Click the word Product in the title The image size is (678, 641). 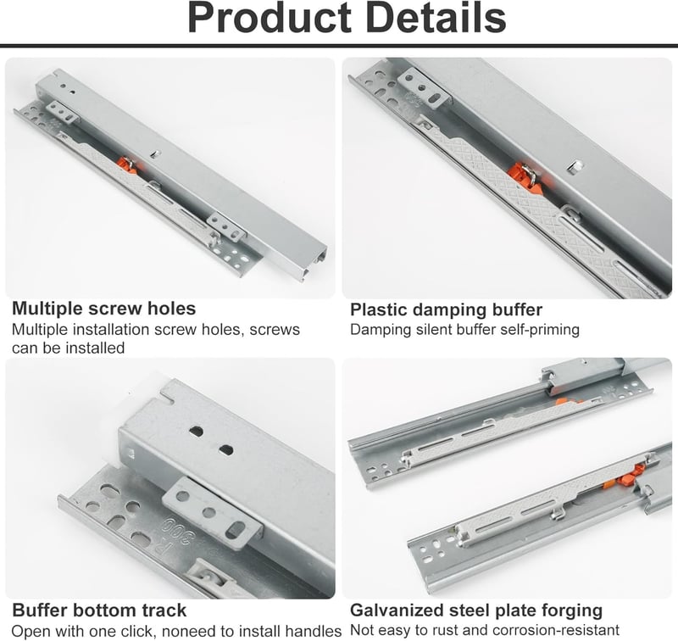[x=270, y=18]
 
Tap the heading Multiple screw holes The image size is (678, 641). [x=103, y=309]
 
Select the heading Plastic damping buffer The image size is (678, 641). [x=447, y=310]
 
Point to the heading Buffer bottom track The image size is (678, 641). [x=99, y=610]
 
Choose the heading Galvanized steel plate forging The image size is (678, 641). [x=476, y=610]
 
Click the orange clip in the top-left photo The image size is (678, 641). [x=127, y=165]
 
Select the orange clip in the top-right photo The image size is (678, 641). [x=525, y=176]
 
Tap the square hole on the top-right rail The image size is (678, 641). [x=575, y=165]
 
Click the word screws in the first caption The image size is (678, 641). [x=274, y=330]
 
